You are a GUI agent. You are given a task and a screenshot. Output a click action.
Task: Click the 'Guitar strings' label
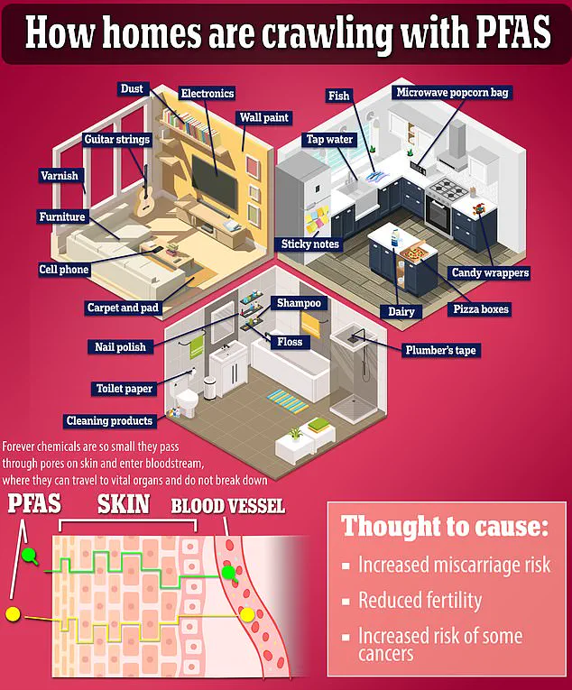tap(116, 140)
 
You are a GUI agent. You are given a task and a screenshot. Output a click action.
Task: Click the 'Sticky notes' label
tap(309, 244)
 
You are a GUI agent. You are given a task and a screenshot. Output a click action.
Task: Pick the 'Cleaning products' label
tap(109, 420)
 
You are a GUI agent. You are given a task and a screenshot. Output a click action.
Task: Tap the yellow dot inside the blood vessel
tap(247, 616)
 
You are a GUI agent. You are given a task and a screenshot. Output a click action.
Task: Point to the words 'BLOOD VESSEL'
tap(227, 506)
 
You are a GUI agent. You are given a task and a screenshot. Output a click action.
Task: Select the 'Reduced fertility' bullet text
tap(420, 600)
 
